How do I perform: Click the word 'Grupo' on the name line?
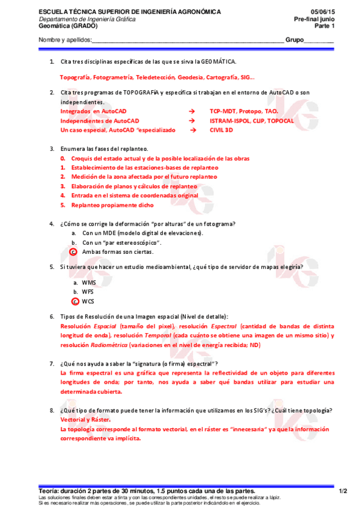(294, 40)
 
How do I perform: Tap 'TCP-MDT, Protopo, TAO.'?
(243, 112)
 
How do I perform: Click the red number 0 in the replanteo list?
(63, 158)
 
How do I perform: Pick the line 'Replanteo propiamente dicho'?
(112, 205)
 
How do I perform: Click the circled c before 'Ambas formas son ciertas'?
(73, 252)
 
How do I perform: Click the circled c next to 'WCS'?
(75, 301)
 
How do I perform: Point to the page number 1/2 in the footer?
(343, 491)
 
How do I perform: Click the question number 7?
(52, 364)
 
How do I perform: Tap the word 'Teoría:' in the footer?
(49, 491)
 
